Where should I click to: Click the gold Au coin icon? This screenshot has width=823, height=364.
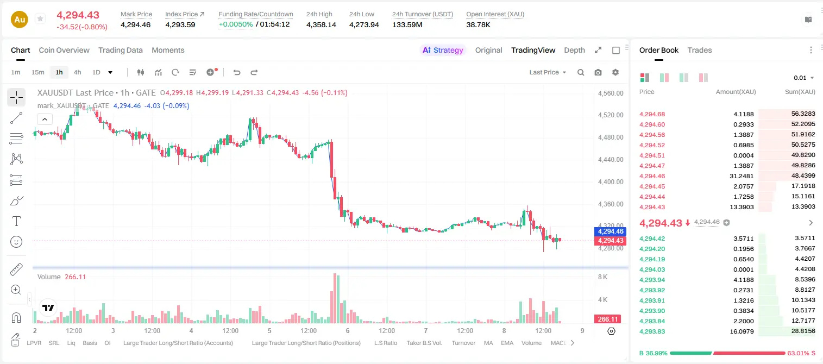(x=20, y=20)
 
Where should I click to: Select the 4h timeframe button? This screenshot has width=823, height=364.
(x=77, y=72)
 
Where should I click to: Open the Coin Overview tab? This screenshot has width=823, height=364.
(x=64, y=50)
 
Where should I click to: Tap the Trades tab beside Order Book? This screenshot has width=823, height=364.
(x=700, y=50)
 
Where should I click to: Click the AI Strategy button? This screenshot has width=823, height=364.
(x=443, y=50)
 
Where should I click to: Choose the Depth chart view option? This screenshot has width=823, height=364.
(x=574, y=50)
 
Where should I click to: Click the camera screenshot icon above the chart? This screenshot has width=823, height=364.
(x=598, y=72)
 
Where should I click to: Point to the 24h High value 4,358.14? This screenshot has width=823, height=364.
(x=321, y=24)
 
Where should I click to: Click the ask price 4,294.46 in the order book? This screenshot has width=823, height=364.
(x=652, y=176)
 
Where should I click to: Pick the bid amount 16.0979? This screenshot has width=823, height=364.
(x=742, y=331)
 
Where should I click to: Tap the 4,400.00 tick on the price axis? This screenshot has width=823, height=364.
(x=611, y=182)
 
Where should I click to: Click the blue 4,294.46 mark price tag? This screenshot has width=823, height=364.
(x=610, y=231)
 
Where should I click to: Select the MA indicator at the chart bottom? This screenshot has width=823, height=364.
(x=488, y=343)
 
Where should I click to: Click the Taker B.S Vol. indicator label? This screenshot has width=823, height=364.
(x=424, y=343)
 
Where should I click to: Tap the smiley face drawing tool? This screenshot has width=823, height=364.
(x=16, y=242)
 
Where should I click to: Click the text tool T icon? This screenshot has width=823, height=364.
(x=16, y=221)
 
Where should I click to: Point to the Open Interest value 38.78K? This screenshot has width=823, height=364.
(x=478, y=24)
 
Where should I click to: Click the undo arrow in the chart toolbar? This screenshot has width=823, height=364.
(x=237, y=72)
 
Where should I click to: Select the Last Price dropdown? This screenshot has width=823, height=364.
(x=548, y=72)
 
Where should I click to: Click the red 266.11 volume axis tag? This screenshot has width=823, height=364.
(x=608, y=319)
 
